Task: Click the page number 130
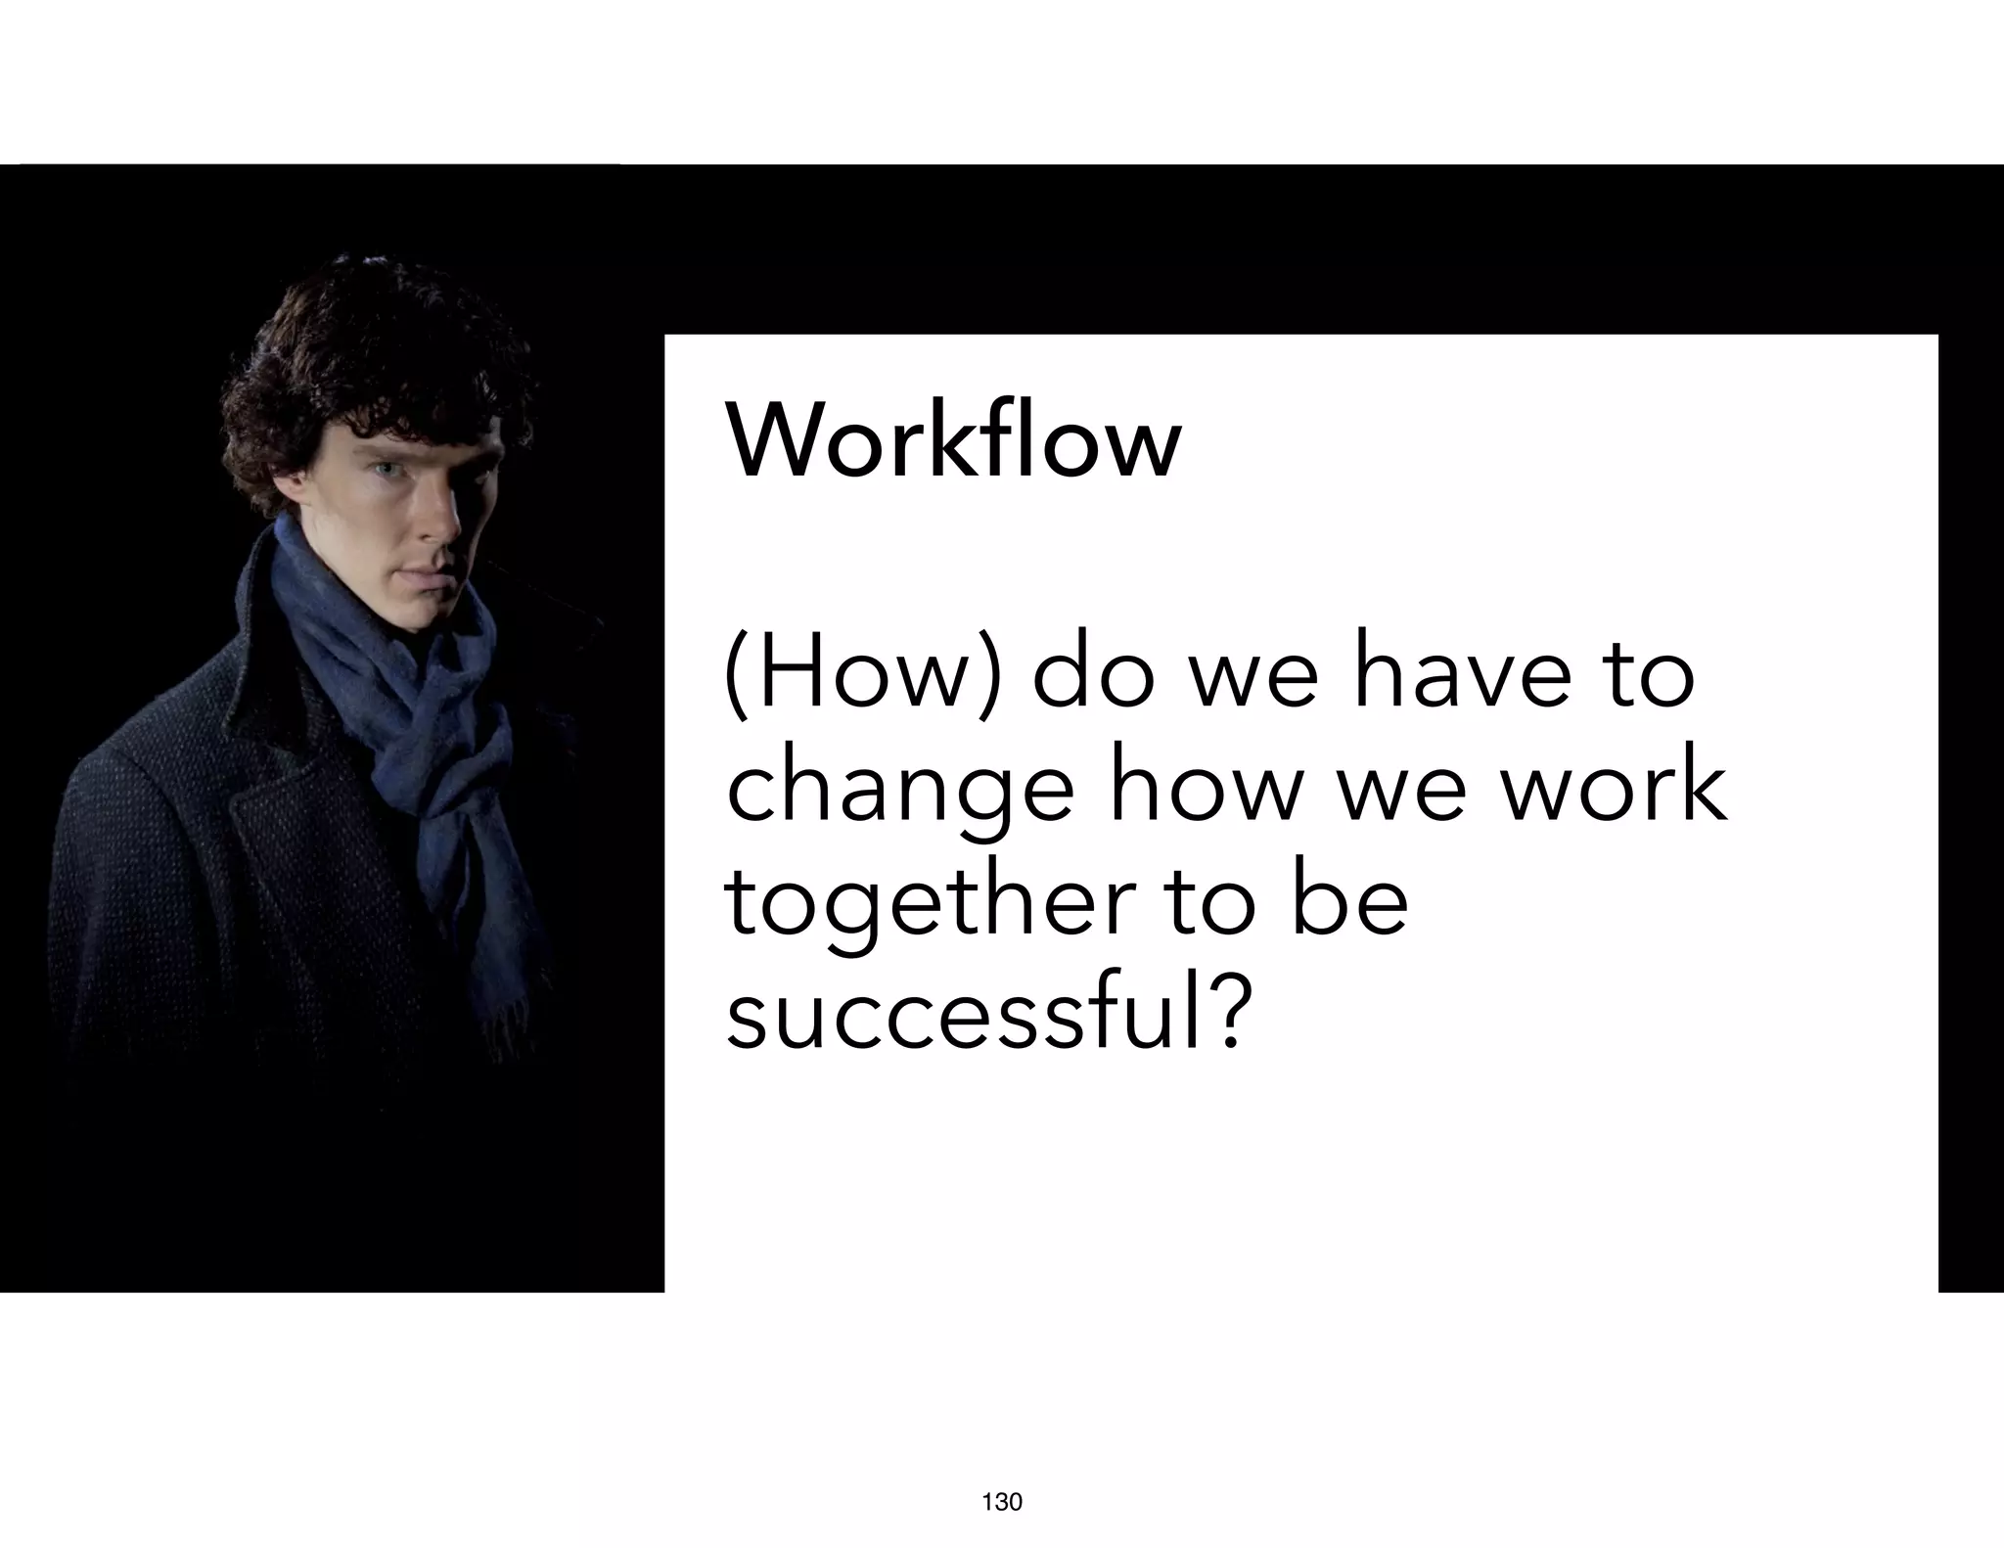click(x=1001, y=1502)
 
